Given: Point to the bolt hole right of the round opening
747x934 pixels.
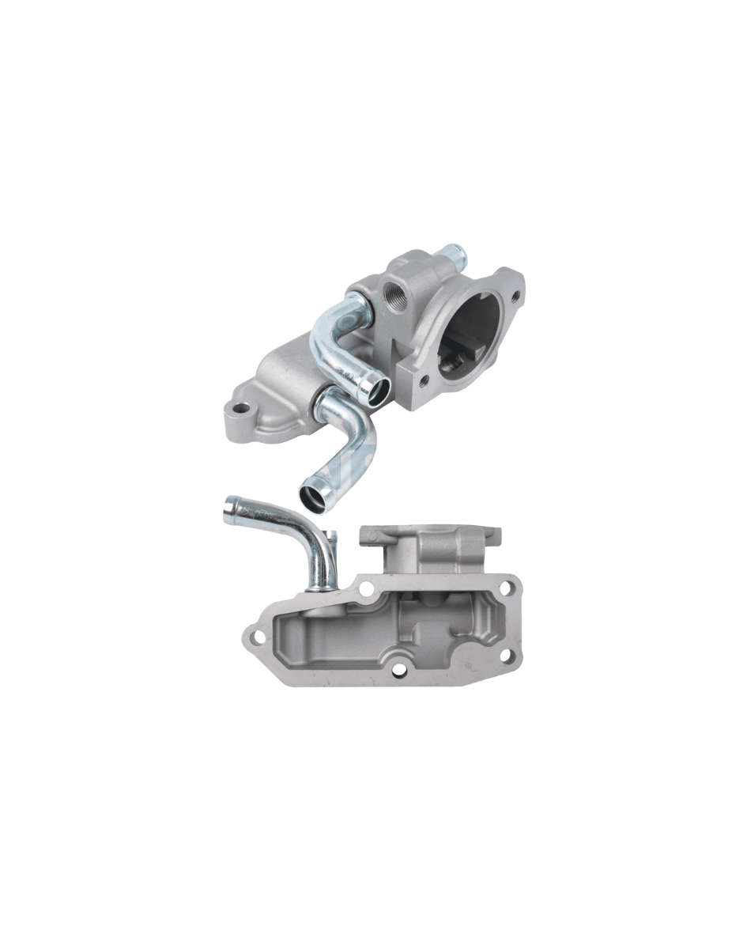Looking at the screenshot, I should point(515,297).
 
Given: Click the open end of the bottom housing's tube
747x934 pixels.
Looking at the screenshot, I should point(230,509).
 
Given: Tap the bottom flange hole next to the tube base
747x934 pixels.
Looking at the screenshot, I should point(366,589).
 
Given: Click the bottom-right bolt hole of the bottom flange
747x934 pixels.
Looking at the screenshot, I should point(506,656).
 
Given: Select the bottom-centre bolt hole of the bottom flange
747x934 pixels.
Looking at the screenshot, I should point(398,669).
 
